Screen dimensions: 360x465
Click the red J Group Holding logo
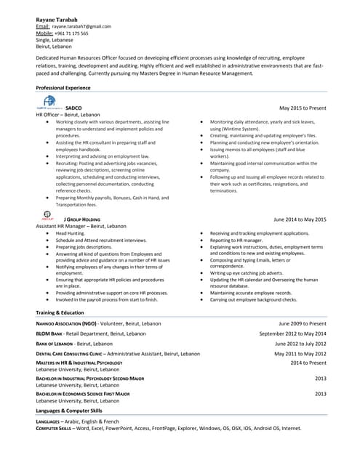click(x=47, y=216)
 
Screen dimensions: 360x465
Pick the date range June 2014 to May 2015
click(x=300, y=219)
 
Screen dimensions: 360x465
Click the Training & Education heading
click(x=60, y=312)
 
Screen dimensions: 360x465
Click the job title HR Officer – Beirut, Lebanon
click(x=71, y=115)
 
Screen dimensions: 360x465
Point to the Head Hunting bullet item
click(x=71, y=233)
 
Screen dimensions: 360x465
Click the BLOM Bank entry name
click(x=49, y=333)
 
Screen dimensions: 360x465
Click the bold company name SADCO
click(x=73, y=108)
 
